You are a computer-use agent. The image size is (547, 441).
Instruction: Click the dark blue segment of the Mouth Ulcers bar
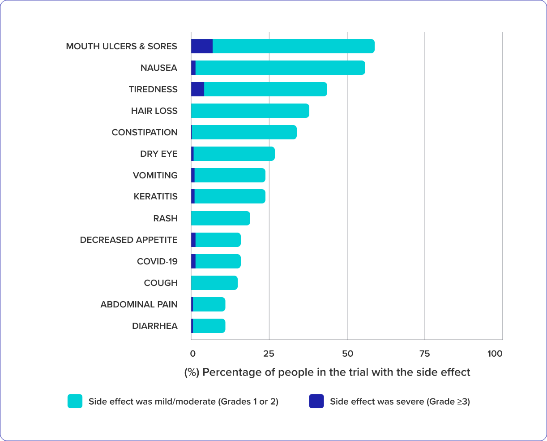point(202,46)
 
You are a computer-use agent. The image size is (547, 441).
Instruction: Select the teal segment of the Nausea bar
point(280,68)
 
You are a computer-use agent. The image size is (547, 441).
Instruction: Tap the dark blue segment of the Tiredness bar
point(198,89)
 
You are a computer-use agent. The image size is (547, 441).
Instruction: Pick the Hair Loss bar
point(250,111)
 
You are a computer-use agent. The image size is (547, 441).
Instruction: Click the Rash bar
point(220,218)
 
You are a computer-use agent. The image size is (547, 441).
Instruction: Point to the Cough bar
point(214,283)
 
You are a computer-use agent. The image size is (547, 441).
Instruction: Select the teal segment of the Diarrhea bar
point(209,326)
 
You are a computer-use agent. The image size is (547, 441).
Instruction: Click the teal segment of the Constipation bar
point(244,132)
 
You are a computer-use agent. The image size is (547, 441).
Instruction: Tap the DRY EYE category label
point(159,154)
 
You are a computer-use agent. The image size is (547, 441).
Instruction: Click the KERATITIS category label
point(156,196)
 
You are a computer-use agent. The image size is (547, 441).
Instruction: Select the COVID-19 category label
point(157,261)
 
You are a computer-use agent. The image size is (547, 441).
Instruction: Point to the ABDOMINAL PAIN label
point(139,304)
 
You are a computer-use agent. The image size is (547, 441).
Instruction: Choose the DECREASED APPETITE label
point(129,240)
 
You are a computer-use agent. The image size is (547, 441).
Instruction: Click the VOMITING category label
point(155,175)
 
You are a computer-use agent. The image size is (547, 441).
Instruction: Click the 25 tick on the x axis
point(269,354)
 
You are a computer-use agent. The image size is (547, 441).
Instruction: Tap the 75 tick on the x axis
point(424,354)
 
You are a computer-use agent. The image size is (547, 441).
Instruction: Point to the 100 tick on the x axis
point(495,354)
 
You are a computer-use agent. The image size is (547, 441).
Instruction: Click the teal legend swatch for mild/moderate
point(75,401)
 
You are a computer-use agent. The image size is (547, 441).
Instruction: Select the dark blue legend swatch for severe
point(316,401)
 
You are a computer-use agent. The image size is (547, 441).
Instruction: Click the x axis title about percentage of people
point(327,372)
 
